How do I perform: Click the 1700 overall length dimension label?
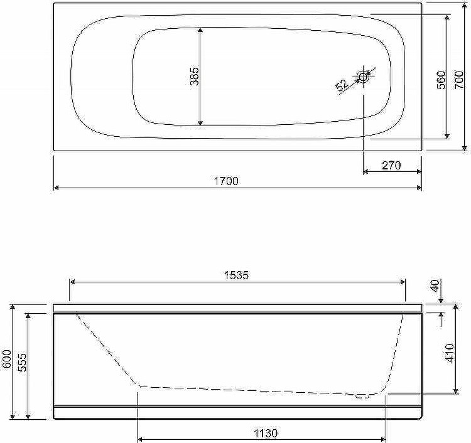click(226, 181)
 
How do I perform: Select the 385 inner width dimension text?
click(195, 76)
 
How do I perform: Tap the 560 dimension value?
click(441, 80)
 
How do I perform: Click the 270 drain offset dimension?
click(391, 165)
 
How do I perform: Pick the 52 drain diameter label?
click(342, 86)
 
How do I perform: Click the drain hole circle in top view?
click(363, 77)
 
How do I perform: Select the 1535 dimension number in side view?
click(237, 275)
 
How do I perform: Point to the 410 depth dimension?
click(450, 353)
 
